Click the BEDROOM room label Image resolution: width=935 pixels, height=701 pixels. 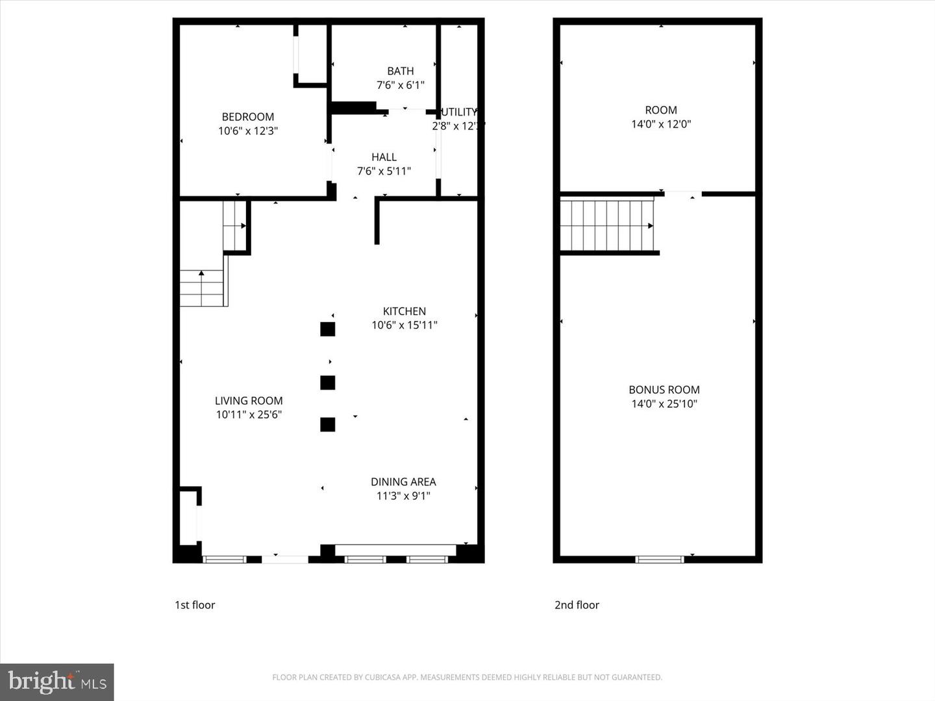[x=248, y=117]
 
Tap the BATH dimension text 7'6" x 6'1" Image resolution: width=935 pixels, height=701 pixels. [x=401, y=85]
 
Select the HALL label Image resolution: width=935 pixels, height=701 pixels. [x=384, y=157]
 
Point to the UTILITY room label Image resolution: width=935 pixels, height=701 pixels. [x=459, y=112]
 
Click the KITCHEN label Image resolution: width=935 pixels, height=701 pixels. [x=404, y=312]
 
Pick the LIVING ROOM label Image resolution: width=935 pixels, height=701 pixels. [x=249, y=401]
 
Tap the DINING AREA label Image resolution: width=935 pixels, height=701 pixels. [x=403, y=482]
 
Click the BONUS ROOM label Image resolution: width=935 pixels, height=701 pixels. [x=664, y=389]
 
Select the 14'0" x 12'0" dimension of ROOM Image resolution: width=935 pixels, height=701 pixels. [x=661, y=124]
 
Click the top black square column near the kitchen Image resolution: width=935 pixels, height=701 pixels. [x=328, y=329]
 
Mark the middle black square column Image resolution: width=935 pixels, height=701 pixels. [x=328, y=383]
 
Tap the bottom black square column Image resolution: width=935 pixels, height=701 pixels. [x=328, y=424]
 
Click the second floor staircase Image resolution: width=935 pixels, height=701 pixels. [x=606, y=226]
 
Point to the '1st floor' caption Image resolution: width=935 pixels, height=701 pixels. [x=195, y=605]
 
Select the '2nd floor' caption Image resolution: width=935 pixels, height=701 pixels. [x=577, y=605]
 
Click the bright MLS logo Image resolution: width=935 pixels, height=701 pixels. [x=57, y=682]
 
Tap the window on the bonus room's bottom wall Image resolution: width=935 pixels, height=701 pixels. [x=659, y=559]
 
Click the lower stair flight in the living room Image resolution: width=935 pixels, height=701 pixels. [x=202, y=288]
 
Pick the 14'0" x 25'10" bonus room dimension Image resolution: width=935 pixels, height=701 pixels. [x=664, y=404]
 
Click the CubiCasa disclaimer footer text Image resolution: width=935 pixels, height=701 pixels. [x=467, y=678]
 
